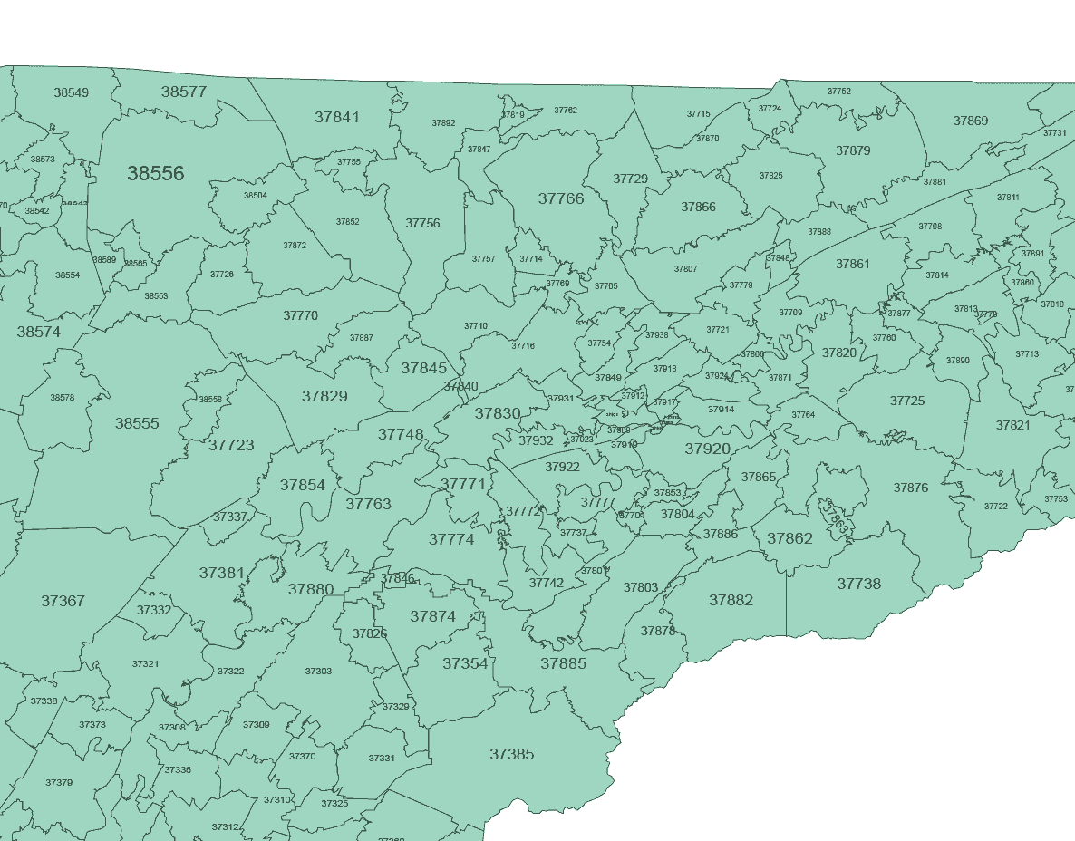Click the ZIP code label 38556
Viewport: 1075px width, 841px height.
[156, 173]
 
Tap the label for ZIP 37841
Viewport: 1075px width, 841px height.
[337, 117]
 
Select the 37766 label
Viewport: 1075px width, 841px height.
[561, 198]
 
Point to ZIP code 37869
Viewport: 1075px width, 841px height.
[971, 121]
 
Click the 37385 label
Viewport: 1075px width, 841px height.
[511, 754]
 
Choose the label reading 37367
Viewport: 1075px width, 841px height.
[63, 601]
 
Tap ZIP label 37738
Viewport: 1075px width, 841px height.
[858, 584]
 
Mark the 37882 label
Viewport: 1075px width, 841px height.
[731, 600]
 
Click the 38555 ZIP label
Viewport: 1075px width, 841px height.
[137, 423]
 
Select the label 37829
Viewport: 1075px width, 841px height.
[324, 396]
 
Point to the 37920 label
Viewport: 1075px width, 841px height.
[707, 449]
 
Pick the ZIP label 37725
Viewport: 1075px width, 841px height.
[907, 401]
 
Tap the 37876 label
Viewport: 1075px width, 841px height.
[911, 488]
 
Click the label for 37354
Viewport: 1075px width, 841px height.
[465, 663]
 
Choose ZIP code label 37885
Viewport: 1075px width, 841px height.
[564, 663]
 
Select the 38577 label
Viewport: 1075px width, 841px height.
[184, 92]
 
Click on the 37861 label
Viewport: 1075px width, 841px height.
[852, 264]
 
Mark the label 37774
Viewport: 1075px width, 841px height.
[451, 539]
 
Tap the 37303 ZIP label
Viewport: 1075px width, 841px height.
[318, 672]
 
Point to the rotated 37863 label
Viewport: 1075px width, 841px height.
[836, 515]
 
